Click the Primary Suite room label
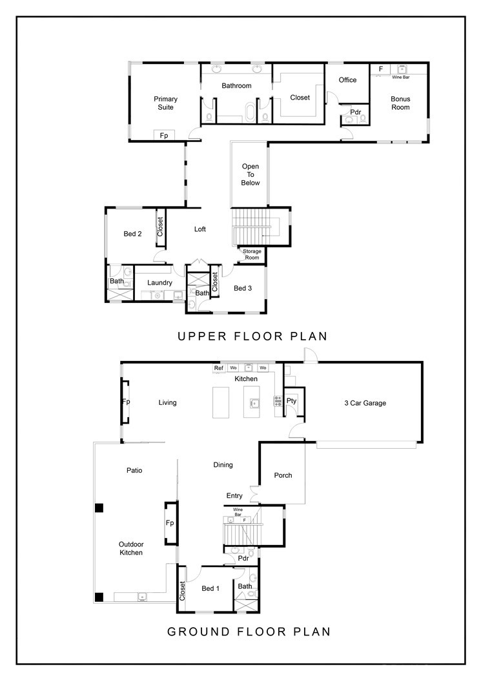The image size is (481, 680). pyautogui.click(x=165, y=103)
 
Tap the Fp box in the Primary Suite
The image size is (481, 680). pyautogui.click(x=164, y=136)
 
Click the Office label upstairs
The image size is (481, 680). pyautogui.click(x=347, y=80)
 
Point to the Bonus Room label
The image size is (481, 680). pyautogui.click(x=400, y=103)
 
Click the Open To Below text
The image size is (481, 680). pyautogui.click(x=251, y=174)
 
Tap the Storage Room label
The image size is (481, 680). pyautogui.click(x=252, y=255)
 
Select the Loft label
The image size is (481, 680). pyautogui.click(x=200, y=229)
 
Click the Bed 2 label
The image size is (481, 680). pyautogui.click(x=132, y=234)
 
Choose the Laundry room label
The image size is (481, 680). pyautogui.click(x=159, y=283)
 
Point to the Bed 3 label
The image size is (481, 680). pyautogui.click(x=243, y=288)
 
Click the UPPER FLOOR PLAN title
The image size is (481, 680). pyautogui.click(x=252, y=336)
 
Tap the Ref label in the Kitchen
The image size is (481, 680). pyautogui.click(x=219, y=368)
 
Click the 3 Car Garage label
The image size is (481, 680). pyautogui.click(x=365, y=403)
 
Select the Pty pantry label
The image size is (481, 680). pyautogui.click(x=292, y=401)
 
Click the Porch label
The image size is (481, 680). pyautogui.click(x=283, y=475)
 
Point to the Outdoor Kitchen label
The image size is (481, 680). pyautogui.click(x=130, y=548)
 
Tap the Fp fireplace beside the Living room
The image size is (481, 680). pyautogui.click(x=126, y=401)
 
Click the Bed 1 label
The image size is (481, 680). pyautogui.click(x=210, y=588)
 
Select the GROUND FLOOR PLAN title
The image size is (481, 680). pyautogui.click(x=249, y=632)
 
